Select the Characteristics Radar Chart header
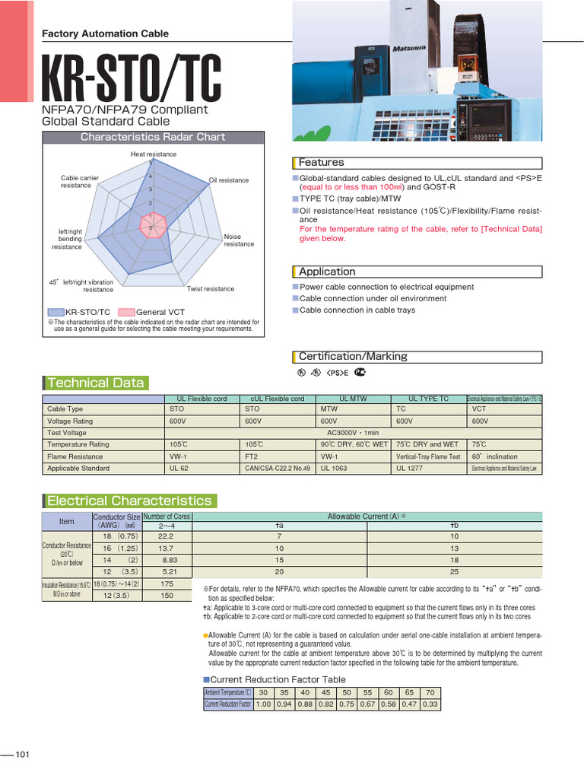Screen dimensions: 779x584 [x=153, y=137]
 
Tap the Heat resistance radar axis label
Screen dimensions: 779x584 [x=153, y=154]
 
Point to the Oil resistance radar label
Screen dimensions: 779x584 [x=229, y=180]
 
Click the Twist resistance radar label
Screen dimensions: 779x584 [x=211, y=289]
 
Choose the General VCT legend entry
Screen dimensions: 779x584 [x=160, y=312]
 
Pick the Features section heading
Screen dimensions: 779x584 [x=321, y=163]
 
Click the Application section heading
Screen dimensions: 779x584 [x=327, y=272]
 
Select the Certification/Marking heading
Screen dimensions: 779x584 [x=353, y=356]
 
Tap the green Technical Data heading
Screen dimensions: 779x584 [x=95, y=383]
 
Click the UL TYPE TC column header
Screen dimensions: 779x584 [x=429, y=399]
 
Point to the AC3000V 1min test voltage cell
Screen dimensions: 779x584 [x=354, y=432]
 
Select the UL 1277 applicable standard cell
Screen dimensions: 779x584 [x=410, y=469]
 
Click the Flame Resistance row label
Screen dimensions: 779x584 [x=75, y=456]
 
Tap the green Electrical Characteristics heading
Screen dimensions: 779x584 [x=129, y=501]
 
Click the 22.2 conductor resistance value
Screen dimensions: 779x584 [x=167, y=536]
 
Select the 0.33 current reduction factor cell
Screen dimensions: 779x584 [x=430, y=704]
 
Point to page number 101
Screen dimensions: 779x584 [x=22, y=754]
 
